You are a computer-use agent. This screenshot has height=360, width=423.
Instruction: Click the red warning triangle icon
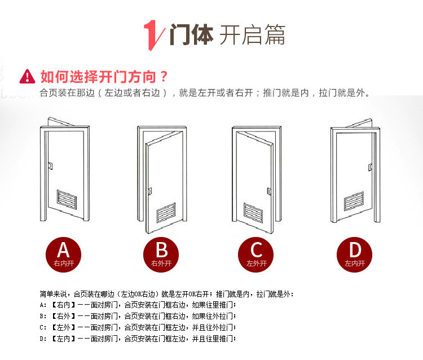pos(27,77)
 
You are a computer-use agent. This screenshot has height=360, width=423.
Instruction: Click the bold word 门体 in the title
pos(192,34)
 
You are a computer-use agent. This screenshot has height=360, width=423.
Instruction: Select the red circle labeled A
pos(63,254)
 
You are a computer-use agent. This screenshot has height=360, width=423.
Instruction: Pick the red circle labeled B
pos(161,254)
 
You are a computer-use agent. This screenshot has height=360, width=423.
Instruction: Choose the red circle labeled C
pos(255,254)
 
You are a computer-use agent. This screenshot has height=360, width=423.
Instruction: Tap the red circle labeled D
pos(355,254)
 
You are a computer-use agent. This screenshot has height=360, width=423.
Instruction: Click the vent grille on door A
pos(67,200)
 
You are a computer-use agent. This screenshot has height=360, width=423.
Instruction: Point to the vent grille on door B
pos(166,213)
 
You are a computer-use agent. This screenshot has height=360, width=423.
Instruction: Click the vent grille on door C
pos(253,213)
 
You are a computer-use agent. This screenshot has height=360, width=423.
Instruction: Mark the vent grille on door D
pos(354,201)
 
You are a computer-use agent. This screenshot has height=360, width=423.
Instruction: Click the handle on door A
pos(50,166)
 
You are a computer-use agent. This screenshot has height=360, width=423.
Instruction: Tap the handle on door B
pos(149,191)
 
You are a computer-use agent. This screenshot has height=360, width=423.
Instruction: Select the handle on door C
pos(269,191)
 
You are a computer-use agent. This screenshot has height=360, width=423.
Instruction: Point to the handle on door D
pos(371,168)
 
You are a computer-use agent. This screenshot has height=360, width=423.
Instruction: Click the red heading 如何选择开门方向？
pos(104,77)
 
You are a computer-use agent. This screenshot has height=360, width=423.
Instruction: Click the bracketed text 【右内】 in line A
pos(63,305)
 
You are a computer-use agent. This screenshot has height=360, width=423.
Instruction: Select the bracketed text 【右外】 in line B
pos(63,316)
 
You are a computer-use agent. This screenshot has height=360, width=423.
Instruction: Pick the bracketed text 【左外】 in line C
pos(63,327)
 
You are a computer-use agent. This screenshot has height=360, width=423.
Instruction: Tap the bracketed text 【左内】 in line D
pos(63,339)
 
